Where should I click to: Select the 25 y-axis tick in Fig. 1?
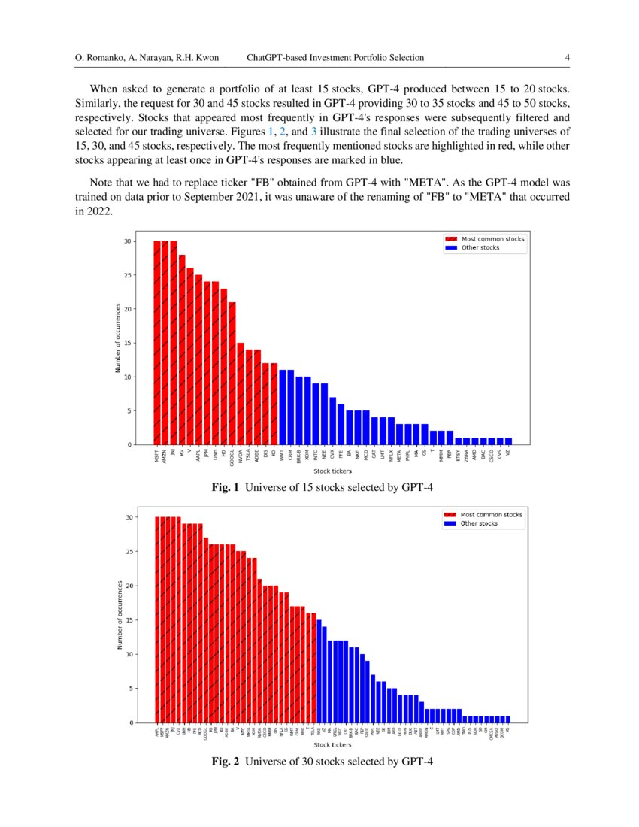[129, 275]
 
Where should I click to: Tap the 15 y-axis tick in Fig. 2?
[129, 620]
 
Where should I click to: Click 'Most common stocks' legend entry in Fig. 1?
[492, 238]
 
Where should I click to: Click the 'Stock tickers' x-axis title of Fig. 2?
[333, 745]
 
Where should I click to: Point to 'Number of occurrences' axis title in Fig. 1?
[118, 342]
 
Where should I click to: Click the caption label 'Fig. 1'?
[225, 488]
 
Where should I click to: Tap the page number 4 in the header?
[568, 58]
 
